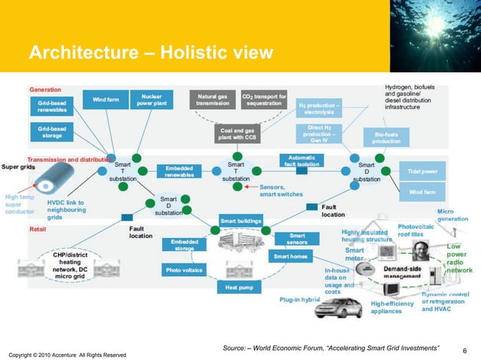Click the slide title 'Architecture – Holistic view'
click(145, 53)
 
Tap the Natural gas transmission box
click(213, 100)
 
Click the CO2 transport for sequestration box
click(264, 100)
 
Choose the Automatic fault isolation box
click(302, 160)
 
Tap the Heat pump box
click(238, 287)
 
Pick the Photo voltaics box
click(184, 269)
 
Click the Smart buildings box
click(239, 221)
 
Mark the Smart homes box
click(290, 256)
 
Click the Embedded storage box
click(184, 245)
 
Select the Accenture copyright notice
click(67, 354)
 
